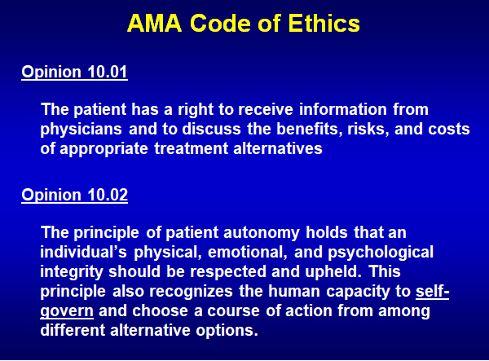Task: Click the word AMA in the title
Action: [155, 24]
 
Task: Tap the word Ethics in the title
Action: [324, 24]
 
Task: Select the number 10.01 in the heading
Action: [108, 72]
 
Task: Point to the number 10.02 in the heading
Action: [108, 195]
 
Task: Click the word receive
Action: [266, 109]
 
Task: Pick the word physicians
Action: [81, 130]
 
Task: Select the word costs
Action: [449, 130]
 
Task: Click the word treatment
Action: [192, 148]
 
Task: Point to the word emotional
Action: [247, 252]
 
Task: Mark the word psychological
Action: [381, 253]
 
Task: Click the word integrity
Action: [72, 272]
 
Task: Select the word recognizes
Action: [191, 292]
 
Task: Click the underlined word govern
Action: [67, 311]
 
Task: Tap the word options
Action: [227, 331]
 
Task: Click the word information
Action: [343, 109]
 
